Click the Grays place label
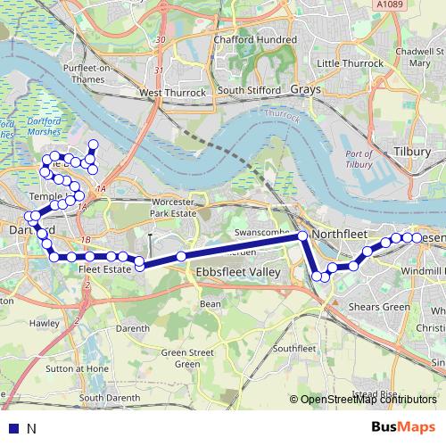(x=307, y=90)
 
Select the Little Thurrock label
(x=351, y=63)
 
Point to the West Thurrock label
(x=173, y=92)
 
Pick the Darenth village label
(x=132, y=328)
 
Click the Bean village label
(x=211, y=304)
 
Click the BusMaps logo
(x=398, y=426)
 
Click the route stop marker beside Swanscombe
(x=302, y=235)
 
